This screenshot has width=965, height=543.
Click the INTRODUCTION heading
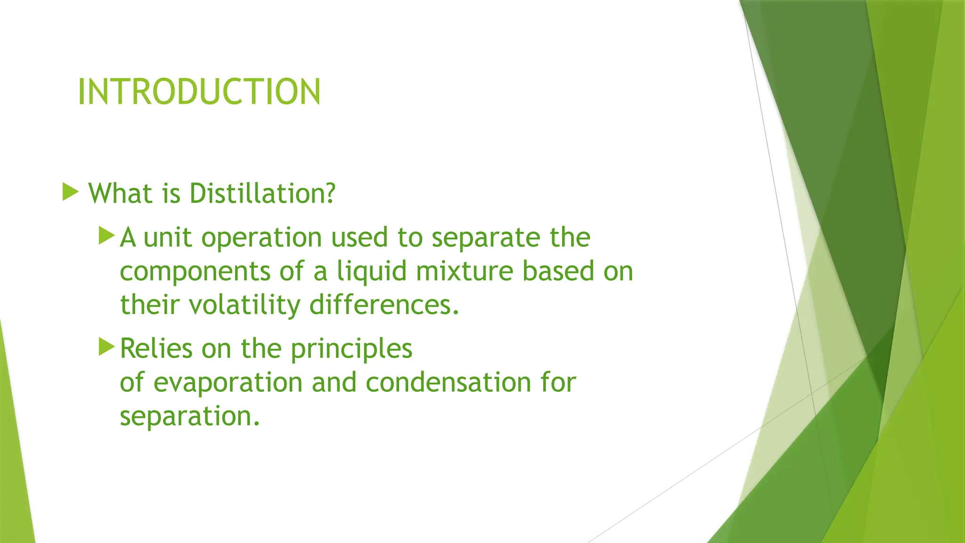[x=199, y=91]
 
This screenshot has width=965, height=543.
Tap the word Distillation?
[x=262, y=194]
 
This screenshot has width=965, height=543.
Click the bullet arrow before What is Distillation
[x=70, y=192]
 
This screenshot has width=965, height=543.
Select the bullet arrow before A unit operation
[x=106, y=235]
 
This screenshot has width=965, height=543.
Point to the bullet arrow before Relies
[x=106, y=347]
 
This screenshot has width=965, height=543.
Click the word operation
[x=262, y=238]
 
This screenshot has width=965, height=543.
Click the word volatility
[x=245, y=305]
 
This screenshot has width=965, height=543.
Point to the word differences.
[x=384, y=305]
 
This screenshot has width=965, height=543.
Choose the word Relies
[x=156, y=349]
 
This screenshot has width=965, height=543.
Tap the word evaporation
[x=228, y=383]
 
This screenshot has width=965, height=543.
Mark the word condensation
[x=448, y=382]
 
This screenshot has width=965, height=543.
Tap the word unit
[x=167, y=238]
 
